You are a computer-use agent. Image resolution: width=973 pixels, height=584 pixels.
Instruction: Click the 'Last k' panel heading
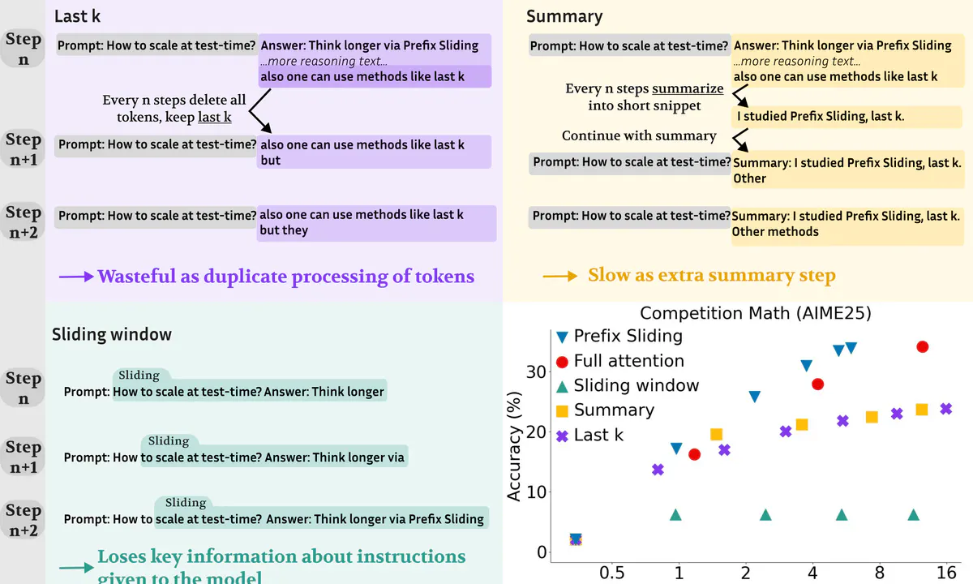[x=77, y=16]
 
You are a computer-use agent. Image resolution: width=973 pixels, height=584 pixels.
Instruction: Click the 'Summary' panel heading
[x=564, y=16]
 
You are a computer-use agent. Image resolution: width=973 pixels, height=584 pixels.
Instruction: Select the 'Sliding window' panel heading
[x=112, y=334]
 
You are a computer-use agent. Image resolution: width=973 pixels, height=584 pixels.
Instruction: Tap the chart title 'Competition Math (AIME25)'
[x=756, y=313]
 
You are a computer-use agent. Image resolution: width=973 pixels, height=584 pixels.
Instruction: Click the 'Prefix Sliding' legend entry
[x=619, y=336]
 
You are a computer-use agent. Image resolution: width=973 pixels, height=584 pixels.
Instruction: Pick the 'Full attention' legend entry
[x=620, y=361]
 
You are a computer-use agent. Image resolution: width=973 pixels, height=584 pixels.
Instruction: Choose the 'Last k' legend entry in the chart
[x=590, y=435]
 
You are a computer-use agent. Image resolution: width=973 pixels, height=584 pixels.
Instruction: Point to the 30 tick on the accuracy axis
[x=536, y=372]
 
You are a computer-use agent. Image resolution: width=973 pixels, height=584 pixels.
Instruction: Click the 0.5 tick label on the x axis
[x=611, y=573]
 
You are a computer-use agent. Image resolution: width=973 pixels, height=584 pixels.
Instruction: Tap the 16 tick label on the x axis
[x=946, y=573]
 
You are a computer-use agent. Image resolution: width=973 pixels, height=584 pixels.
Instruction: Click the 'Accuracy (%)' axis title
[x=514, y=447]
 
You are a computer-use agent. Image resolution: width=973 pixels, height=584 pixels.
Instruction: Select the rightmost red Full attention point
[x=923, y=347]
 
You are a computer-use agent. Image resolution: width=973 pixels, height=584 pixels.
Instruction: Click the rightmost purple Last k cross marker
[x=946, y=409]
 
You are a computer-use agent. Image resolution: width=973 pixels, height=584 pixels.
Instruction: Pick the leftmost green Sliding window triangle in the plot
[x=675, y=515]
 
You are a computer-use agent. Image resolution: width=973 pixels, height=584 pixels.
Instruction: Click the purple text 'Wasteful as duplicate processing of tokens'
[x=285, y=277]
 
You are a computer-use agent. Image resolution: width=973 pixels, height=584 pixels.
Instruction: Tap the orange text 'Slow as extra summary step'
[x=712, y=275]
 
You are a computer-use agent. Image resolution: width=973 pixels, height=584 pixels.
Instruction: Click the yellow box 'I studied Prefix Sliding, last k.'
[x=847, y=117]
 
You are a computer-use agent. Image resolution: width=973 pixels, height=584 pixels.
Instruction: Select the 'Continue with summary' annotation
[x=639, y=135]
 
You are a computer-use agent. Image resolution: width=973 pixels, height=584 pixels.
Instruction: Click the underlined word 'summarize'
[x=688, y=88]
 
